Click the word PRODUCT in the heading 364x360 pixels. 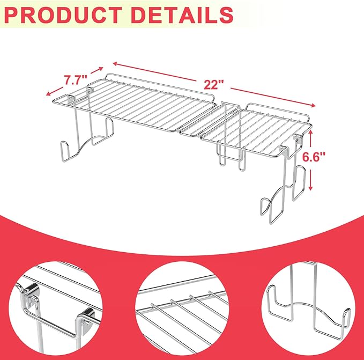point(63,15)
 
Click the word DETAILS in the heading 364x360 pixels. point(182,15)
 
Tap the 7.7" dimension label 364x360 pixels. point(76,79)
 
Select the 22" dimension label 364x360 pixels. point(213,85)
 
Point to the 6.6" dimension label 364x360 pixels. point(314,157)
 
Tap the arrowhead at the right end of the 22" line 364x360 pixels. point(313,106)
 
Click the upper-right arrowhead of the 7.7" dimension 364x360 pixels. point(100,69)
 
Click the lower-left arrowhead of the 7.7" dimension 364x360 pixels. point(49,93)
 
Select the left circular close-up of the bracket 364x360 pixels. point(56,308)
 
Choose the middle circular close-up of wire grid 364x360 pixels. point(182,308)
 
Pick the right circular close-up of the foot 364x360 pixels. point(308,308)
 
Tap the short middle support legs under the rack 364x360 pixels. point(231,158)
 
